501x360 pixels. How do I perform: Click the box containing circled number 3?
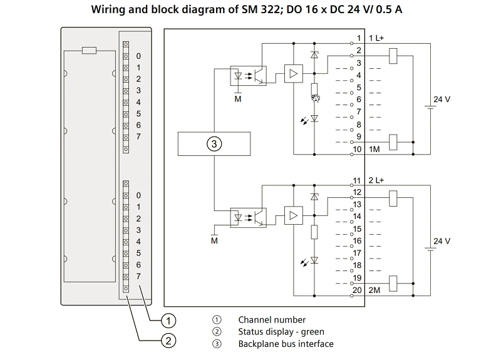click(214, 144)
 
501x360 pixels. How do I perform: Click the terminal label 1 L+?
click(369, 39)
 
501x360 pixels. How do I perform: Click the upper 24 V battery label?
click(442, 100)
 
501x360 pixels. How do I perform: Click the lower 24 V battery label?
click(442, 241)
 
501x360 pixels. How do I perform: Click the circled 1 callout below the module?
click(168, 321)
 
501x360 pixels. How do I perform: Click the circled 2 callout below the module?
click(168, 341)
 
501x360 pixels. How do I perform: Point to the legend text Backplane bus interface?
click(286, 344)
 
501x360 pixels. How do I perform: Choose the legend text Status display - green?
click(281, 332)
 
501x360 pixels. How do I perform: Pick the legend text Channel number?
click(272, 320)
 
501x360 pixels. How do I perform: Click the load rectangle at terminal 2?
click(394, 55)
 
